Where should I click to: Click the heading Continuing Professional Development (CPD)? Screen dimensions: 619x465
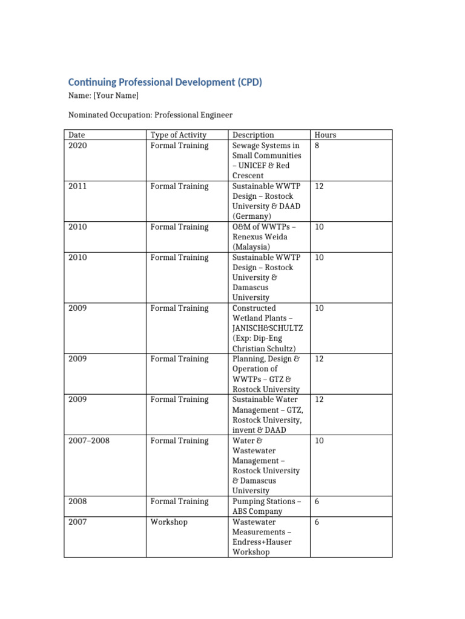click(165, 82)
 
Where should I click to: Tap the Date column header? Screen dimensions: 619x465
click(77, 135)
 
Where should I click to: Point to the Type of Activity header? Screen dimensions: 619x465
click(179, 135)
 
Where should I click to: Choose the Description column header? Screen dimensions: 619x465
click(253, 135)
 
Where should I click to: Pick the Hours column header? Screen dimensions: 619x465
click(326, 135)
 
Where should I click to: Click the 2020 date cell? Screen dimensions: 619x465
click(77, 145)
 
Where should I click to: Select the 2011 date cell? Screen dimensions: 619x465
click(77, 186)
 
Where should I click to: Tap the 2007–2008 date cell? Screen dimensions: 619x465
click(89, 441)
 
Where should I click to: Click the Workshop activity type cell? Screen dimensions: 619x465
click(169, 522)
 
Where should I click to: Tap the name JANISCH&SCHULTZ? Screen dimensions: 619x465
click(267, 328)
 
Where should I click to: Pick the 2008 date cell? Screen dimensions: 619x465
click(77, 501)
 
